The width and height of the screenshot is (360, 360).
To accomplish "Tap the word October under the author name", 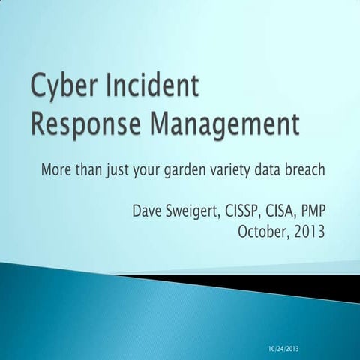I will [262, 231].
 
